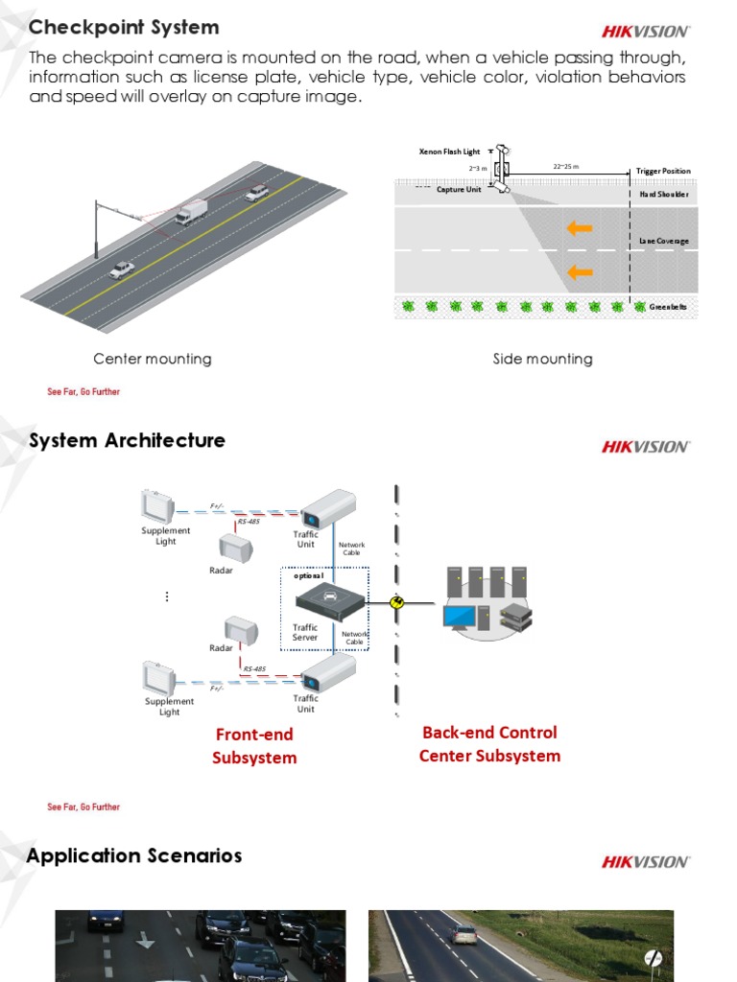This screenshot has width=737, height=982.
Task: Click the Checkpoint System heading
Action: coord(124,27)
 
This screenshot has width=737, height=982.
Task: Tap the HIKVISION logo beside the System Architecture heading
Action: coord(645,446)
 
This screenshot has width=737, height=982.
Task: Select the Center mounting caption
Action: coord(152,359)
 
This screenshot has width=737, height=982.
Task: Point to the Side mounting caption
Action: coord(542,359)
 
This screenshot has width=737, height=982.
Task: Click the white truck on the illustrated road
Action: coord(191,212)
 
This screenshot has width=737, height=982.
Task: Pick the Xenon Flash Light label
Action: coord(449,152)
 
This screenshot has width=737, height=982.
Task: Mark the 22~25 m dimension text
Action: coord(566,167)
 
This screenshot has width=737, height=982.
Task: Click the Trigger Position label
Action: coord(662,171)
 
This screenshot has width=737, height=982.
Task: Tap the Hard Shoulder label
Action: coord(664,195)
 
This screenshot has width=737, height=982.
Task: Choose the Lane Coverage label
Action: coord(664,241)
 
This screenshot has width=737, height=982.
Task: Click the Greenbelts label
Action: coord(668,307)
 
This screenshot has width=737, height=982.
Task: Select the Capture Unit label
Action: coord(459,190)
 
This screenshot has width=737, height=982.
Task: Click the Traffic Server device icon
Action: coord(329,600)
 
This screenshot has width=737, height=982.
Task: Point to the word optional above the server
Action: coord(308,575)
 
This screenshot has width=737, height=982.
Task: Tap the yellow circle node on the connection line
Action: coord(397,601)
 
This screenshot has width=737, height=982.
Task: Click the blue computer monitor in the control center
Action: coord(459,616)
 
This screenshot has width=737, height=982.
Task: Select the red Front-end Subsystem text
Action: coord(254,746)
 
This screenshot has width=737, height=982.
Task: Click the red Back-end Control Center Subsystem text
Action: coord(489,744)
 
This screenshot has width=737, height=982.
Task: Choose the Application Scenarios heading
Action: coord(134,855)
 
